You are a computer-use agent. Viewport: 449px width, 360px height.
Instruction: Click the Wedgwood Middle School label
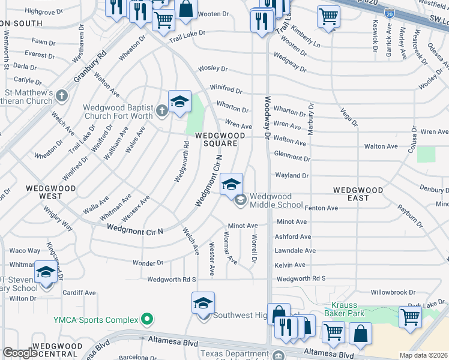click(271, 200)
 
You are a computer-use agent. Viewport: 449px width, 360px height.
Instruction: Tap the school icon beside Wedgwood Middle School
click(231, 185)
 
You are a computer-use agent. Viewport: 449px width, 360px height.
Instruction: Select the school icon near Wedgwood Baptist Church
click(179, 102)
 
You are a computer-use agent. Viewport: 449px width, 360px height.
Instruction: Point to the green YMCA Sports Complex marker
click(146, 319)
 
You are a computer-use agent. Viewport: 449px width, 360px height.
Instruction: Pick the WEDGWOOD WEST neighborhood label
click(51, 191)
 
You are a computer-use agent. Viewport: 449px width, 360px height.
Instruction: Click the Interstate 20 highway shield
click(390, 13)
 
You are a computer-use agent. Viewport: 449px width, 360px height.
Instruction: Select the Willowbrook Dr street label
click(393, 292)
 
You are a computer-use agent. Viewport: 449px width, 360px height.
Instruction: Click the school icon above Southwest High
click(203, 303)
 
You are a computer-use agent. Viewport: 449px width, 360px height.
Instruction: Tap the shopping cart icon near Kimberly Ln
click(328, 17)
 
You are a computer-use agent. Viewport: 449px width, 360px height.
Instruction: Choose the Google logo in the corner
click(19, 352)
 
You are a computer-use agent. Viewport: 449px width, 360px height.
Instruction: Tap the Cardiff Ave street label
click(80, 293)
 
